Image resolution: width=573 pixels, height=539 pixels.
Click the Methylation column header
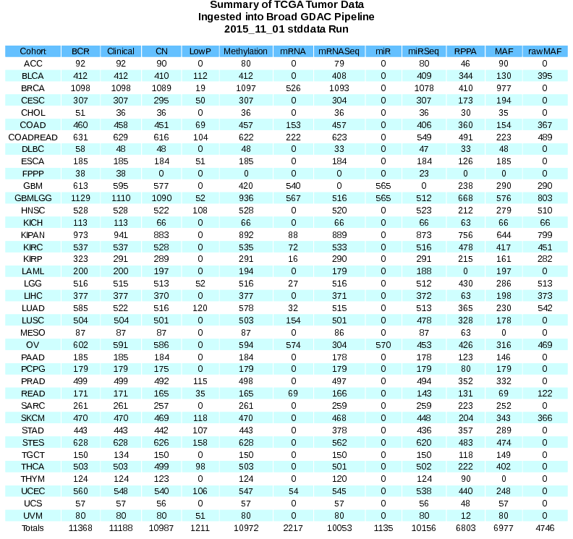245,51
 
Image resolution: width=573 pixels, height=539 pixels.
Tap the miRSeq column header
424,51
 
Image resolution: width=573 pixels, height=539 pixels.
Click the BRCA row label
33,88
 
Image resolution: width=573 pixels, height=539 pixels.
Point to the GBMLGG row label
33,198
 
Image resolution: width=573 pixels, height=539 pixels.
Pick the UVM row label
33,515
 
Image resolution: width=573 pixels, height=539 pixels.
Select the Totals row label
33,528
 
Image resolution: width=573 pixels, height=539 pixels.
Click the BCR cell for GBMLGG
80,198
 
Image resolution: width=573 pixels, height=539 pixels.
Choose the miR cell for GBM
383,186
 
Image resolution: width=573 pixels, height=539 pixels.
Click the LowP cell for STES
200,442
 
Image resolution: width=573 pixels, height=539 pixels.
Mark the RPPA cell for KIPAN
461,235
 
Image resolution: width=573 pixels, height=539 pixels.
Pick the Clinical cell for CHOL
121,112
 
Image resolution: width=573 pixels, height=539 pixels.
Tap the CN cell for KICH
161,222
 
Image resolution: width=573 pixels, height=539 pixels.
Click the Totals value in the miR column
383,528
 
